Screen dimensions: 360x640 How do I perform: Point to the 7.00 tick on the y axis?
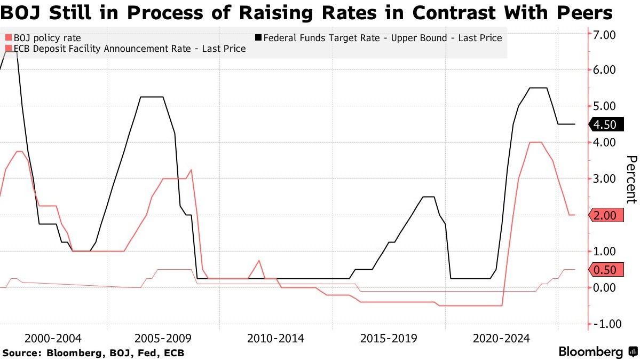[603, 34]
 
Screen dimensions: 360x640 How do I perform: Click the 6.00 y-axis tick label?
[603, 70]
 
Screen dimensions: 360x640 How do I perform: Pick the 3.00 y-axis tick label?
[603, 179]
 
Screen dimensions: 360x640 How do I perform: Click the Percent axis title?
[631, 179]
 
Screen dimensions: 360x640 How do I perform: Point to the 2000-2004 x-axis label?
[53, 338]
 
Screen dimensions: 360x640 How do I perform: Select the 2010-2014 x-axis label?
[276, 338]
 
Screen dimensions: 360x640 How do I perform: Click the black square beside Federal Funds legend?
[258, 38]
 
